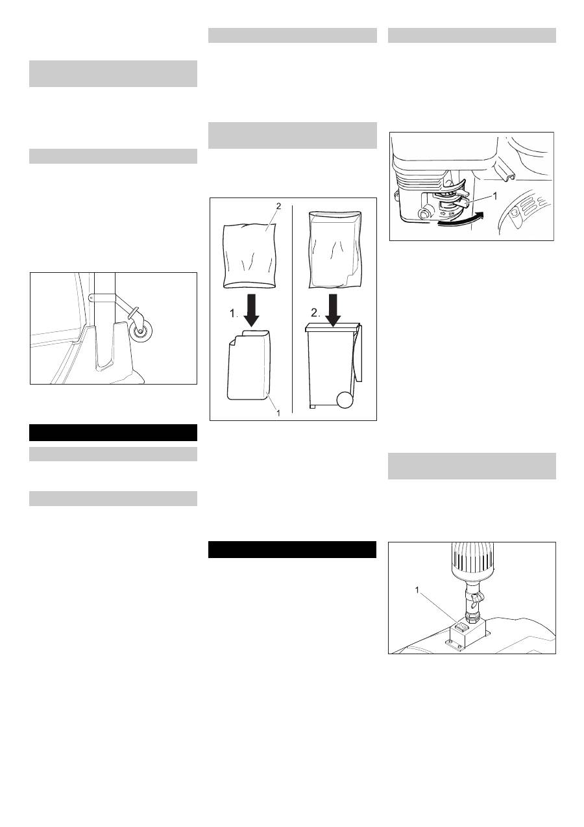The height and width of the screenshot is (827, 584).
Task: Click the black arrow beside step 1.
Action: click(252, 311)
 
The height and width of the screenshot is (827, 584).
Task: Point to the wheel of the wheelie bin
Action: click(345, 400)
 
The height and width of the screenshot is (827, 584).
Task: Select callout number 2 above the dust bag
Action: click(278, 206)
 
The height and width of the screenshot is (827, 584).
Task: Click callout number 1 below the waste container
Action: click(278, 413)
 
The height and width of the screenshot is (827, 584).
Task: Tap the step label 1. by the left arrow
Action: click(234, 313)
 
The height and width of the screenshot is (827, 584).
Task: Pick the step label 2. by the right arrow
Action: click(315, 313)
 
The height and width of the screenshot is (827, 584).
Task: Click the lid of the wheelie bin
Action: click(332, 326)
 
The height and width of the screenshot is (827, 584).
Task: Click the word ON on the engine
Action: click(451, 214)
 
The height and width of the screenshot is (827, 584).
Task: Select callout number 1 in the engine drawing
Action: click(495, 196)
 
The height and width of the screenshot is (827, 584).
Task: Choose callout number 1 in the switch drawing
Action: click(417, 590)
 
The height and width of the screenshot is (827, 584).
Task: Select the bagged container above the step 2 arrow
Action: click(335, 249)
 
